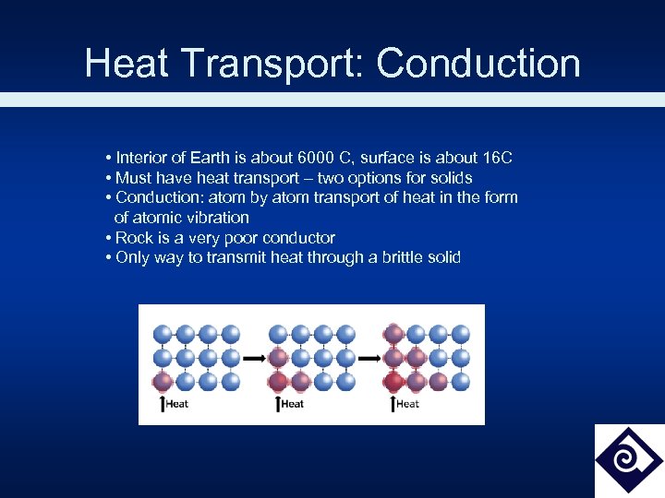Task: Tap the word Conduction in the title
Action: coord(478,64)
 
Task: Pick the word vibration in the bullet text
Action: coord(216,218)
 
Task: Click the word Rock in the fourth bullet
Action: coord(134,238)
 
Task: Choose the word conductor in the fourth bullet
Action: coord(298,238)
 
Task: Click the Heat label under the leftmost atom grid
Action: coord(176,404)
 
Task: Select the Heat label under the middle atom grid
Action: coord(292,404)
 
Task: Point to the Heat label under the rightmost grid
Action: coord(407,404)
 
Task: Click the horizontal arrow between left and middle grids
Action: coord(255,357)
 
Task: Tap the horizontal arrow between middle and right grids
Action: coord(369,357)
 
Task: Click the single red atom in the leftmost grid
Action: coord(163,380)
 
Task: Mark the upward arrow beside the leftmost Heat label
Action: coord(163,403)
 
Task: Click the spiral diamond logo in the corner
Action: coord(628,459)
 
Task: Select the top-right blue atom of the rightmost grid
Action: coord(461,334)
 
